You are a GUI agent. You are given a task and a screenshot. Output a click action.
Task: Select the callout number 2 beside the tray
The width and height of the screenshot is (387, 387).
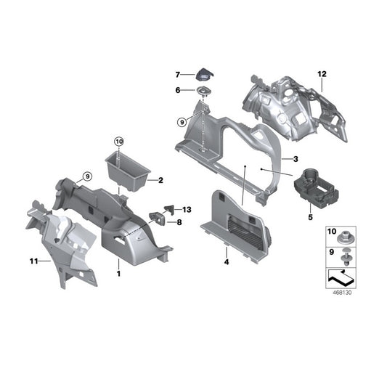click(x=160, y=179)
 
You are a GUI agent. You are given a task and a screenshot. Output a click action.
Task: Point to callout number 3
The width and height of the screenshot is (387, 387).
click(x=296, y=159)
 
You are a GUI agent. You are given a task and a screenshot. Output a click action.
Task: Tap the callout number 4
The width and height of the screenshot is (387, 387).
click(x=226, y=261)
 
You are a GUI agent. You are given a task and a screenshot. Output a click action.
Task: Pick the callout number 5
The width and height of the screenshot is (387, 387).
click(x=310, y=216)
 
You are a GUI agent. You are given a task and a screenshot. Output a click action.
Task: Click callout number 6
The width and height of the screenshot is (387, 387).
click(x=176, y=91)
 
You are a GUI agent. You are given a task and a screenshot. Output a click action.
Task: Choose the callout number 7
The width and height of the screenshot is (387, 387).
click(x=176, y=75)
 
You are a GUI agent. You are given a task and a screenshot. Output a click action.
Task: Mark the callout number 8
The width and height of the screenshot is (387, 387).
click(x=179, y=222)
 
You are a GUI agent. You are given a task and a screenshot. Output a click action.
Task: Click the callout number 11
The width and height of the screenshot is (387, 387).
click(x=32, y=259)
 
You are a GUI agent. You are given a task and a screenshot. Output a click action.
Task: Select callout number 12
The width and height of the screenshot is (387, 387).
click(x=322, y=73)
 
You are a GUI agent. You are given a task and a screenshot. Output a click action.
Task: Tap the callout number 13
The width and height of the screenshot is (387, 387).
click(x=187, y=209)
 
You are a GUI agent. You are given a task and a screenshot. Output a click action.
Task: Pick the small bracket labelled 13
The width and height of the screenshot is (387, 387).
click(x=171, y=209)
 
